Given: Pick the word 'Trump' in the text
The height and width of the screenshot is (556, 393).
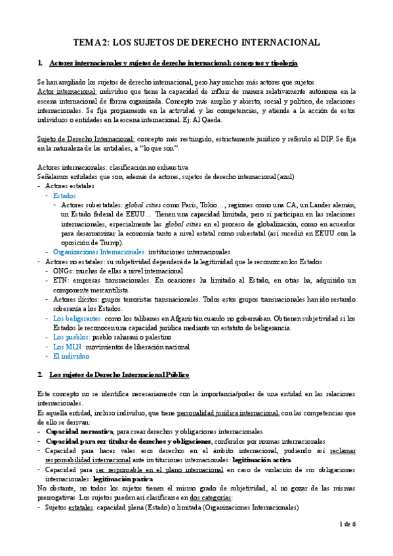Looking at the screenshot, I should pos(108,242).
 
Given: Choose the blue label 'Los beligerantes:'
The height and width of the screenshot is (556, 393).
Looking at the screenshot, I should pos(78,318).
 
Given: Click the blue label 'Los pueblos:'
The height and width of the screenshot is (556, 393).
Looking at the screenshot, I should pos(72,337).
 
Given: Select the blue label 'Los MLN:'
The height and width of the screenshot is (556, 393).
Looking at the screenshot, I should pos(67,346).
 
